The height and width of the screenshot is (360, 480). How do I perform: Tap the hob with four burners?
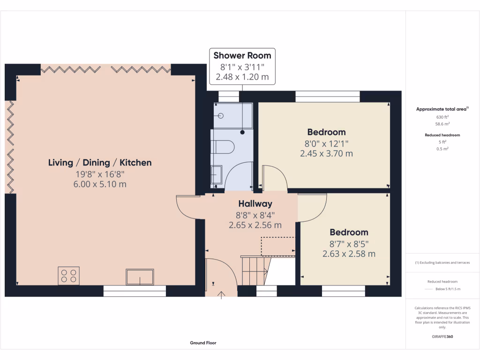click(68, 275)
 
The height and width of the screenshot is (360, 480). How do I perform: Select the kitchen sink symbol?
click(140, 277)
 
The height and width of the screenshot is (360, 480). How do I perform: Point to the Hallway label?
click(255, 204)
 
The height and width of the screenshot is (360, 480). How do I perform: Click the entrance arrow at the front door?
click(221, 294)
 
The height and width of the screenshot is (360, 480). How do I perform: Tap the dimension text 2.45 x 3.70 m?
click(326, 153)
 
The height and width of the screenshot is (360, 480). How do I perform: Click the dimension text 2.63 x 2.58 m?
click(349, 254)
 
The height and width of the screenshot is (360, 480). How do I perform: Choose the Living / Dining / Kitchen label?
click(100, 163)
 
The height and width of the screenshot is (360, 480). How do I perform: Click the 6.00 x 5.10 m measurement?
click(100, 184)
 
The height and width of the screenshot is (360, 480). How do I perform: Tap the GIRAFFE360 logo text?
click(442, 337)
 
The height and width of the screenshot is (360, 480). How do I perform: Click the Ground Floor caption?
click(203, 343)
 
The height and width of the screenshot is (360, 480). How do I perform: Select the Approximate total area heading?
click(442, 109)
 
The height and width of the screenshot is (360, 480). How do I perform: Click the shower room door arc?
click(238, 176)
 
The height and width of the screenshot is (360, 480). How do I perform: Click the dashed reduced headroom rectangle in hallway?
click(277, 246)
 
